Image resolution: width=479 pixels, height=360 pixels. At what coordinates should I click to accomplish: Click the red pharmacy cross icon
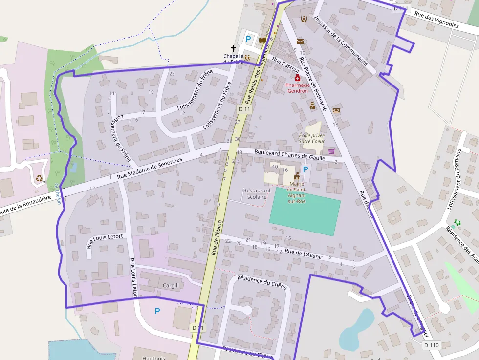298,78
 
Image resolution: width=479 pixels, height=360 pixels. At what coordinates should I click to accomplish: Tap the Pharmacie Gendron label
298,87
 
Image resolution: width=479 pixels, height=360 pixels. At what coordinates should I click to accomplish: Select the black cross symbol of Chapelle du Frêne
233,48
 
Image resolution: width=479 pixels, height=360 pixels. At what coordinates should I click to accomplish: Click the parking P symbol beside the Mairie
306,169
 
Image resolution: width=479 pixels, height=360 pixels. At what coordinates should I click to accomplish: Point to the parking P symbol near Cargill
157,311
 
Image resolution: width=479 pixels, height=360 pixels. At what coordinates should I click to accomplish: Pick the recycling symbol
39,179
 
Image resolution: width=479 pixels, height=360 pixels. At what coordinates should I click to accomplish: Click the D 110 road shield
431,345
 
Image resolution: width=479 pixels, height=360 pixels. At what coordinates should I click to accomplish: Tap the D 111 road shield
401,8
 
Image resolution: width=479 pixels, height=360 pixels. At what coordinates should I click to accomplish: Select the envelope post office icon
300,42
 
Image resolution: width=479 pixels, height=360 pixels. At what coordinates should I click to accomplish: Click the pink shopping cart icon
332,151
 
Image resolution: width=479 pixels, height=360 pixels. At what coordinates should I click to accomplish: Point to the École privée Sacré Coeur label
312,138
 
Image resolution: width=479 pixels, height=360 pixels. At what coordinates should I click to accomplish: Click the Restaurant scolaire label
257,193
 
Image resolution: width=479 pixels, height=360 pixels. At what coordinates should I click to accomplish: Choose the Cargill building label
171,285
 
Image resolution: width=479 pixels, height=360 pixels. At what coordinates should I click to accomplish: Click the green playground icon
458,223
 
